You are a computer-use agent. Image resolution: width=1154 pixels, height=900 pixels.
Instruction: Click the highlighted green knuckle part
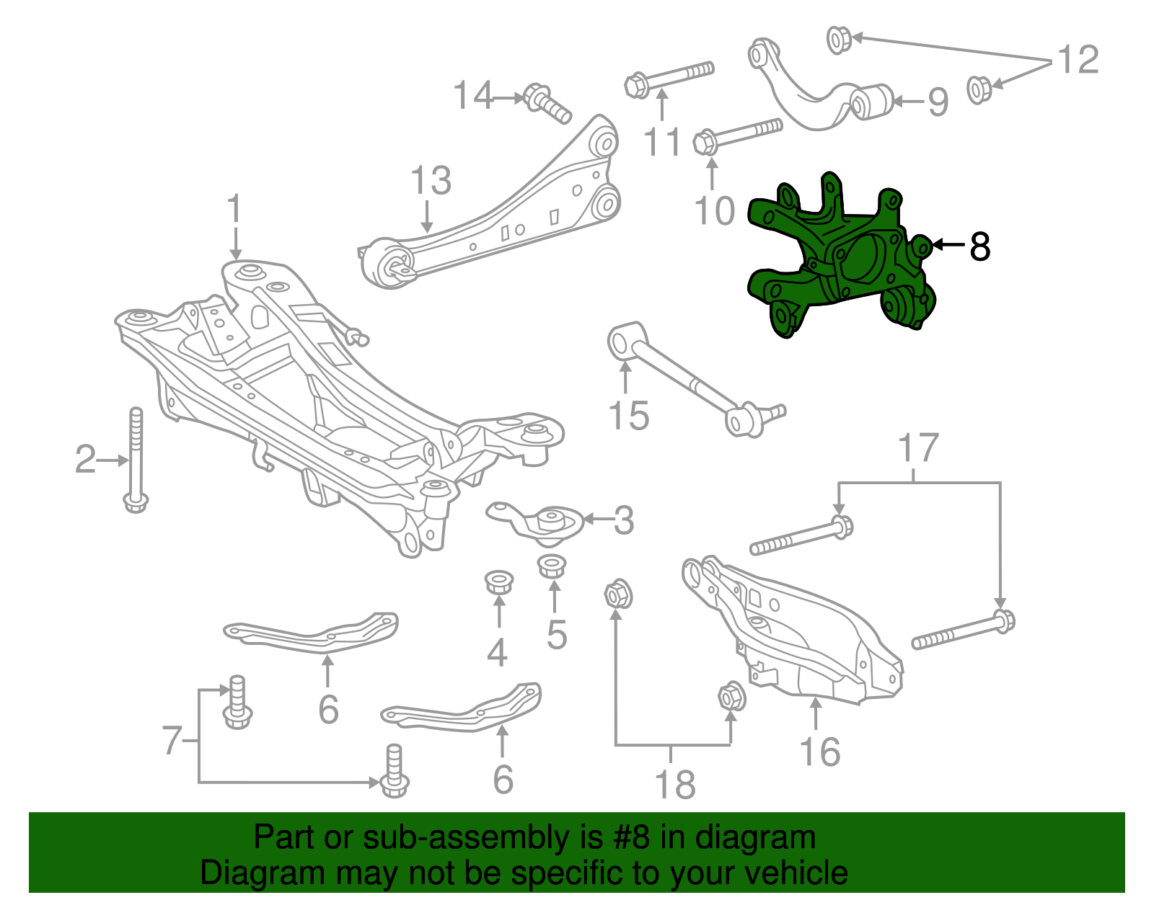tap(837, 259)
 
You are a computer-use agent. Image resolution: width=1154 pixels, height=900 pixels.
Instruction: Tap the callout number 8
tap(979, 246)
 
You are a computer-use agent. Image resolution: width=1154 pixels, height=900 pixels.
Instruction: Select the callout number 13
tap(431, 181)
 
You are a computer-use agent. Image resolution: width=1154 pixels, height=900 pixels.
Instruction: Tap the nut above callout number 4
tap(498, 581)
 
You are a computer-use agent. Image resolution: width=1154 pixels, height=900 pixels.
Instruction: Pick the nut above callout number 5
tap(552, 566)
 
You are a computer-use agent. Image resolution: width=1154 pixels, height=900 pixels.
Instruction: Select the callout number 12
tap(1078, 60)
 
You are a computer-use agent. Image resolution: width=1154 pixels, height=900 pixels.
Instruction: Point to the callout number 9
tap(937, 102)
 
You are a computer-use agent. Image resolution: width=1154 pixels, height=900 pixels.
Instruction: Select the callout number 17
tap(918, 448)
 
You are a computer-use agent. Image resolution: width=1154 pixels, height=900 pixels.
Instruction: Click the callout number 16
tap(820, 752)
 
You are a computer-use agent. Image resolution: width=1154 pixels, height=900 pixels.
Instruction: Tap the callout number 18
tap(674, 785)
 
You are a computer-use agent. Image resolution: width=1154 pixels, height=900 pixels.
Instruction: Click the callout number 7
tap(172, 740)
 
